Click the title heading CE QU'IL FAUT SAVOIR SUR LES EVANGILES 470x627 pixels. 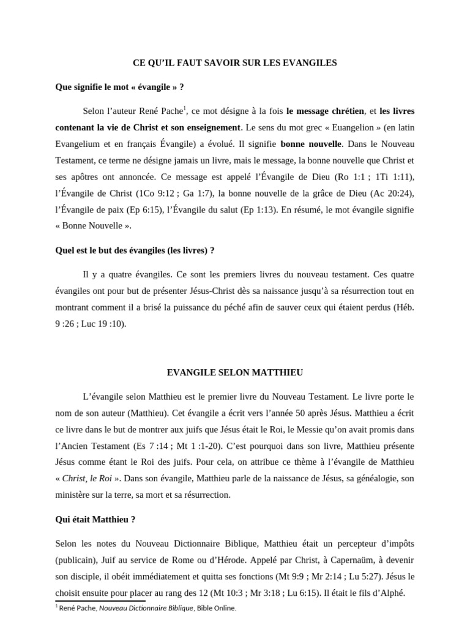[235, 62]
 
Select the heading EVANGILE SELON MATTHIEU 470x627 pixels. [235, 372]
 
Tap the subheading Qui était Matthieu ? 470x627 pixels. [95, 519]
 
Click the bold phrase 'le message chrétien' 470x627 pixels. [325, 111]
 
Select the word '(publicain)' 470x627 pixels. [76, 560]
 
